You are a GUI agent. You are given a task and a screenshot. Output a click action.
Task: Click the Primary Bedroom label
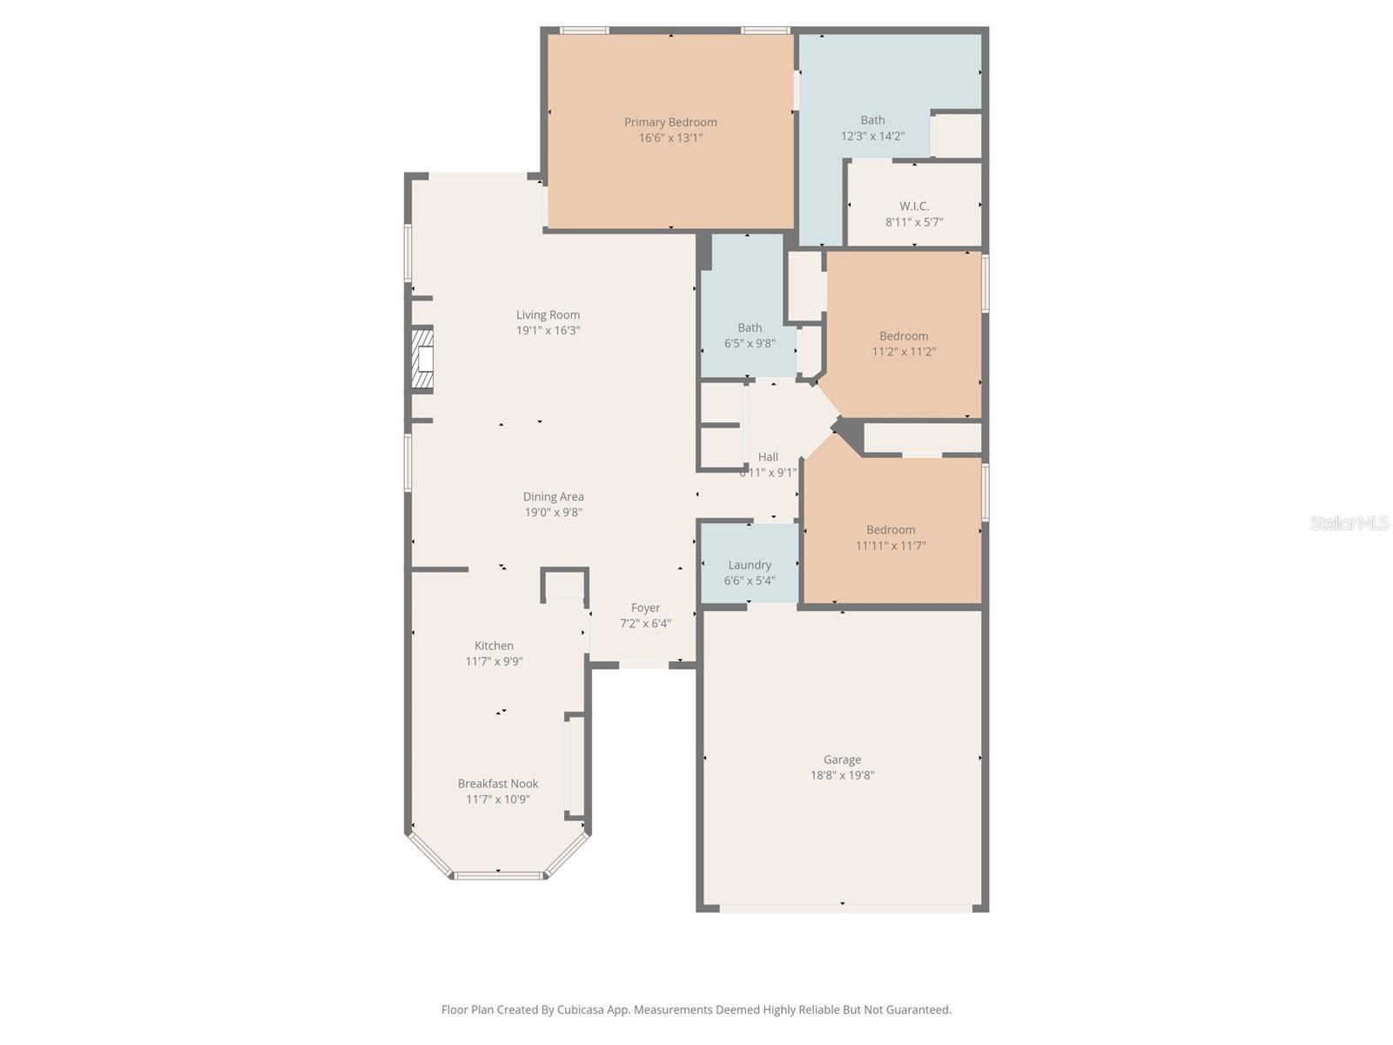coord(670,123)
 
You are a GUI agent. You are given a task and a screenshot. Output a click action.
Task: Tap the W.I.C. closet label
coord(914,206)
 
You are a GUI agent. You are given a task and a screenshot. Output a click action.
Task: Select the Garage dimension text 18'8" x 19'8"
coord(842,775)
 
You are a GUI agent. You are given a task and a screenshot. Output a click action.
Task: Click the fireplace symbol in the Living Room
coord(423,358)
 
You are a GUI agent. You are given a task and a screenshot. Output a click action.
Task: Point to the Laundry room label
coord(750,565)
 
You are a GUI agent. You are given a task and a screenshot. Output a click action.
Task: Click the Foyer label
coord(645,608)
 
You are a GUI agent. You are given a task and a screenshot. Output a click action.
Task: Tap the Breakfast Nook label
coord(498,784)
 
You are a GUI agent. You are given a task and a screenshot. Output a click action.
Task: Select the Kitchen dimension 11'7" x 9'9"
coord(494,662)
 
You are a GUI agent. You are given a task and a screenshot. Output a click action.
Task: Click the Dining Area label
coord(553,497)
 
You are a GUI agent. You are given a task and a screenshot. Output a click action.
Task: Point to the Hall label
coord(768,457)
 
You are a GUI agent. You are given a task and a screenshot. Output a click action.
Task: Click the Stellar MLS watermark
coord(1349,522)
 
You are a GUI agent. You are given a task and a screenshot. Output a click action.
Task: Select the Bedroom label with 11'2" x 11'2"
coord(904,336)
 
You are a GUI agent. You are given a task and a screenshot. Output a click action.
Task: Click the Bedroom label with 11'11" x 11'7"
coord(891,529)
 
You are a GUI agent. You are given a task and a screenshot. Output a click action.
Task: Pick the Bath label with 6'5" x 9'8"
coord(750,328)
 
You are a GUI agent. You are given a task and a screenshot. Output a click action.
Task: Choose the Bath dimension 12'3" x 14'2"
coord(872,137)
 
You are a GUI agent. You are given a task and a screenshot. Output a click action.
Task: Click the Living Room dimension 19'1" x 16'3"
coord(548,331)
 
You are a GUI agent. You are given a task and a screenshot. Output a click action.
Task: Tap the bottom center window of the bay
coord(498,874)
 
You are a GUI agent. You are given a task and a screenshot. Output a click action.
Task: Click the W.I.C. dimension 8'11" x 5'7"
coord(914,222)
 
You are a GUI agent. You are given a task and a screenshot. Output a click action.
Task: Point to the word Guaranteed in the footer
coord(919,1010)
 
